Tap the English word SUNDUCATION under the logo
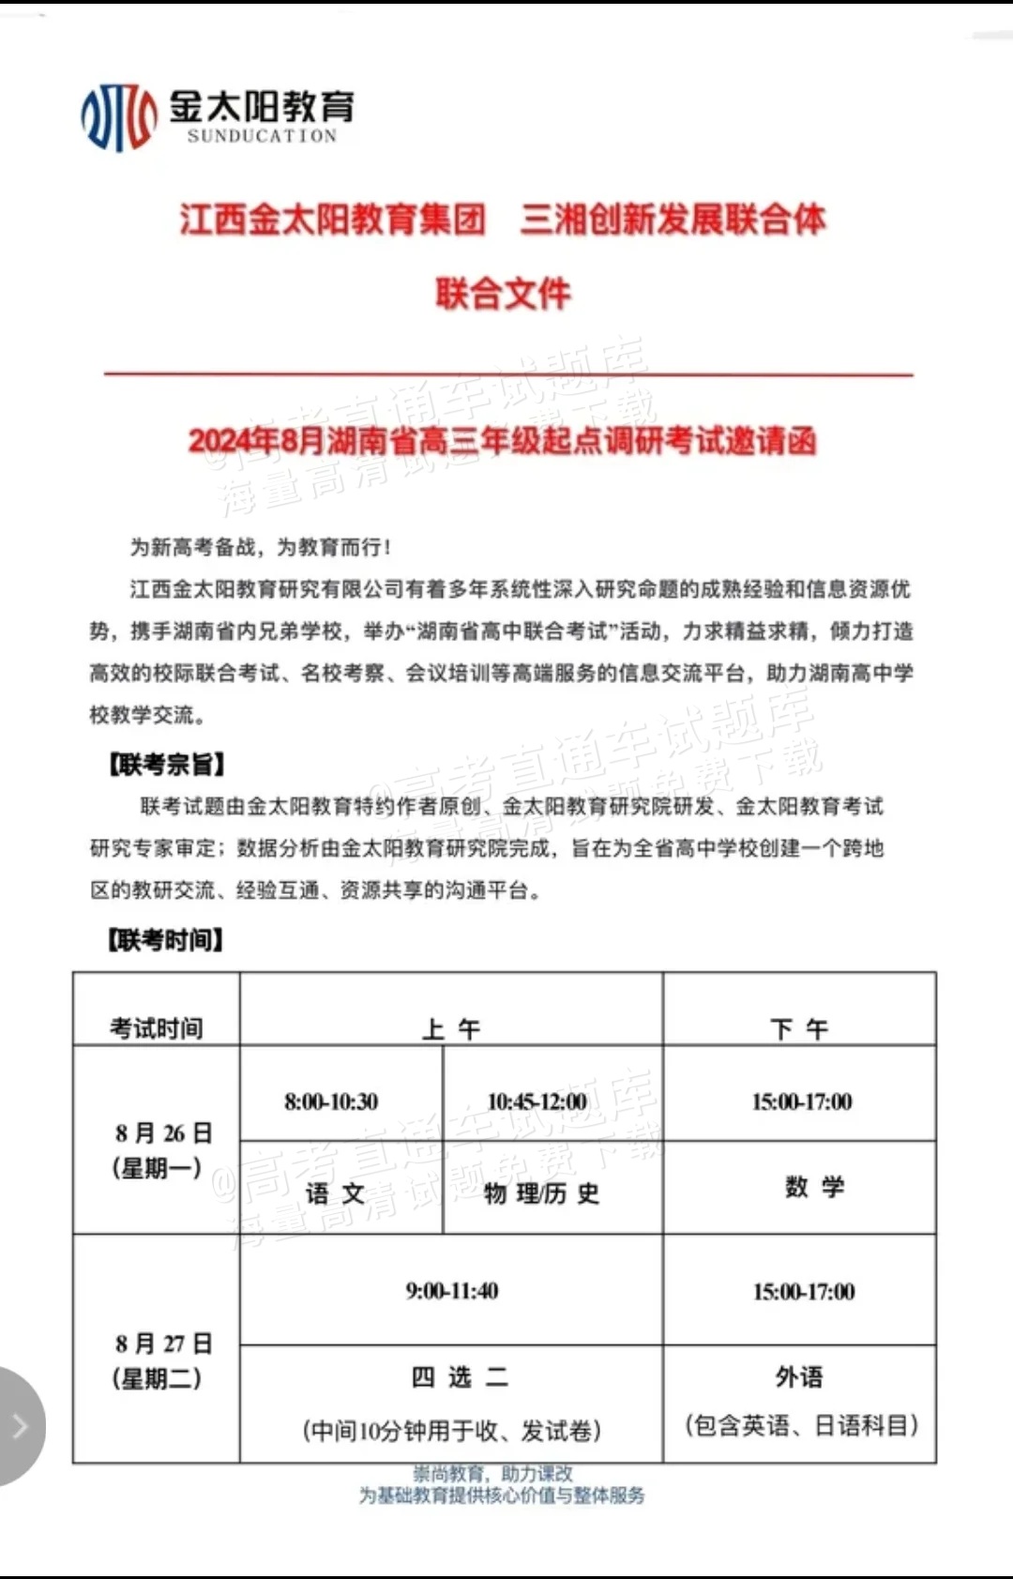pos(262,136)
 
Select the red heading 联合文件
pos(503,294)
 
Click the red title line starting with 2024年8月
pos(503,440)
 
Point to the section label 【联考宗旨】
pos(166,765)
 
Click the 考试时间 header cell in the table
pos(157,1028)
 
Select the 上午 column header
pos(451,1029)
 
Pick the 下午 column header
pos(799,1029)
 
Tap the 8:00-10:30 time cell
pos(331,1101)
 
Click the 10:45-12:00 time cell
pos(537,1101)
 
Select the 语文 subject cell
pos(335,1193)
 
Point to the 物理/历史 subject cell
pos(541,1193)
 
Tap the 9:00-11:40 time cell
pos(452,1291)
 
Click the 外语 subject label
pos(799,1377)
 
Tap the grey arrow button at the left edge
pos(19,1427)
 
